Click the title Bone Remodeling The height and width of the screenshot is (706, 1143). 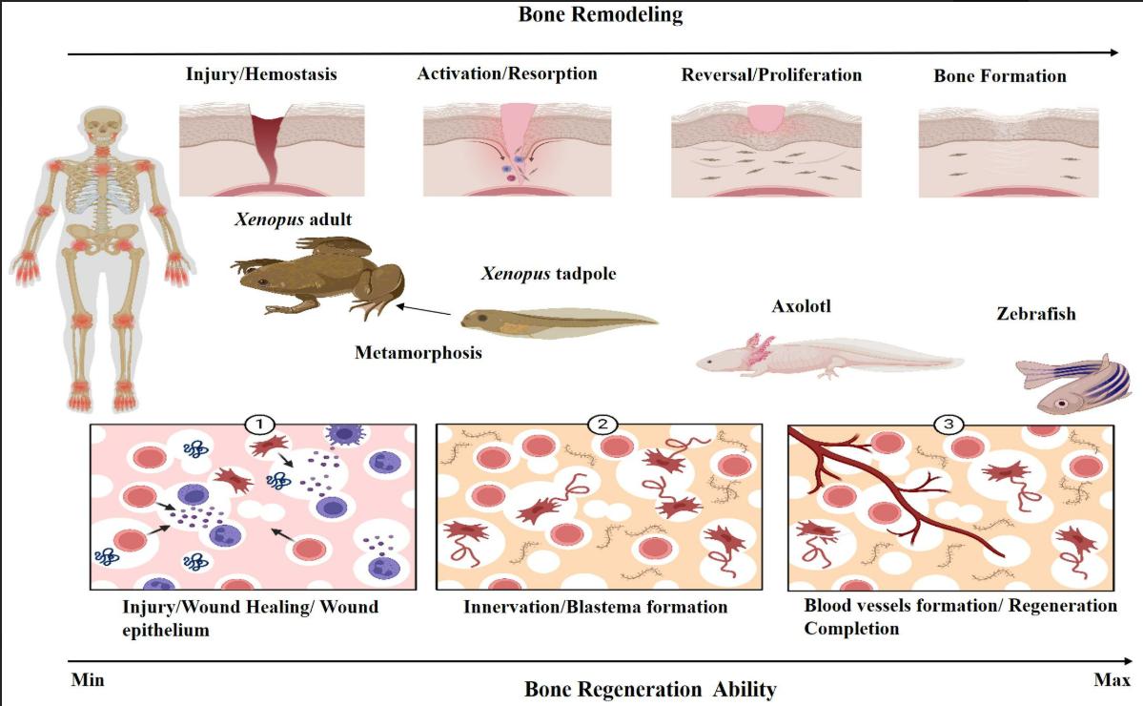click(601, 14)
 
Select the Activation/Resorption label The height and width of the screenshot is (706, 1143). click(507, 73)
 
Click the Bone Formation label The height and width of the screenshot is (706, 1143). click(1000, 75)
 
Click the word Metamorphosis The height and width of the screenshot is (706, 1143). click(418, 353)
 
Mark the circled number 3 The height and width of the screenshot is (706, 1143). click(949, 424)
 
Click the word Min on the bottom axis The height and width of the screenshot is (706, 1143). click(88, 680)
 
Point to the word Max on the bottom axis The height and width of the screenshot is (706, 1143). click(1112, 680)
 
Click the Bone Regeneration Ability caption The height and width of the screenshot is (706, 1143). click(650, 689)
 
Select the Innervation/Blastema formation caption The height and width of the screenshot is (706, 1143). click(596, 607)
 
